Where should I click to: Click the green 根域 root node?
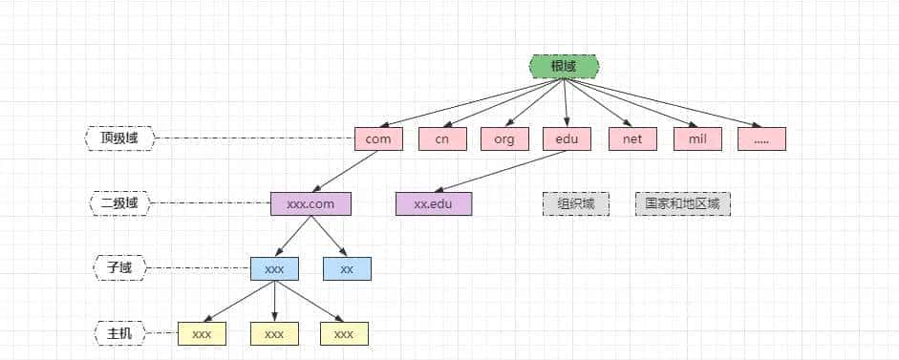[x=564, y=66]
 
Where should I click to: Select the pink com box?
[x=378, y=138]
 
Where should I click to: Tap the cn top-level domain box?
[x=442, y=138]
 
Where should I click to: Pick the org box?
[x=504, y=138]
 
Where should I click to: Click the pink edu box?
[x=567, y=138]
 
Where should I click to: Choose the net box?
[x=631, y=138]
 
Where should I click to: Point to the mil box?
[x=697, y=138]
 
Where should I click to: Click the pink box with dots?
[x=761, y=138]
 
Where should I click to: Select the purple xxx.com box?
[x=310, y=203]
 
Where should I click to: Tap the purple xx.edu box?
[x=434, y=203]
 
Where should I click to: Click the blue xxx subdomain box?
[x=274, y=268]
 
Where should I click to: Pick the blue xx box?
[x=347, y=268]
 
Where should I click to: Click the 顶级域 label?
[x=119, y=138]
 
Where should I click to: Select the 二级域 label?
[x=119, y=203]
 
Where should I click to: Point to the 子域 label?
[x=119, y=268]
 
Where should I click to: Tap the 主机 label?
[x=119, y=333]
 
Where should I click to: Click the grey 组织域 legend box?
[x=576, y=203]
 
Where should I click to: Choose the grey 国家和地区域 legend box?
[x=683, y=203]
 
